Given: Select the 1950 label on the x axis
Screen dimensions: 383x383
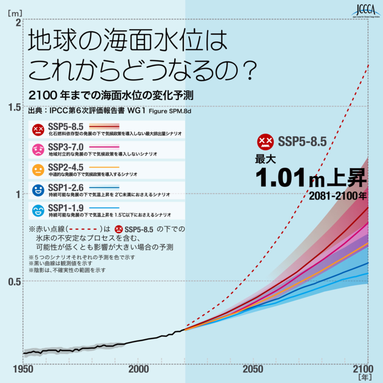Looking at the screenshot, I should pyautogui.click(x=23, y=369).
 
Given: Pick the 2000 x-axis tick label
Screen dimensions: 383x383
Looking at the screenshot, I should pyautogui.click(x=139, y=369).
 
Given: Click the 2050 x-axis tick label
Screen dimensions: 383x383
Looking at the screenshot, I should pyautogui.click(x=253, y=369).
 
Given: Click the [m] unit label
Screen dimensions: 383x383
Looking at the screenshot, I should pyautogui.click(x=14, y=9).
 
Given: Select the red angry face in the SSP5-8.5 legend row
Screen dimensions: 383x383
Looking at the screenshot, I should pyautogui.click(x=38, y=130).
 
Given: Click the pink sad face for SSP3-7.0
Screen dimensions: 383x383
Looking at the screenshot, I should pyautogui.click(x=38, y=149).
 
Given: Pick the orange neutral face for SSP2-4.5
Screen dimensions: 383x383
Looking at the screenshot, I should pyautogui.click(x=38, y=170).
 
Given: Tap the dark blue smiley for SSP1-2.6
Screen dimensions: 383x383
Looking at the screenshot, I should pyautogui.click(x=38, y=190).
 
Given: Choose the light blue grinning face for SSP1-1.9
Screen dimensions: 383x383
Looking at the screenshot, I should pyautogui.click(x=38, y=210).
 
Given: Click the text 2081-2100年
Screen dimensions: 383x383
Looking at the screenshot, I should pyautogui.click(x=337, y=195).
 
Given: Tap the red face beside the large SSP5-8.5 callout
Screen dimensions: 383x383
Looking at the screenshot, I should pyautogui.click(x=265, y=142).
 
